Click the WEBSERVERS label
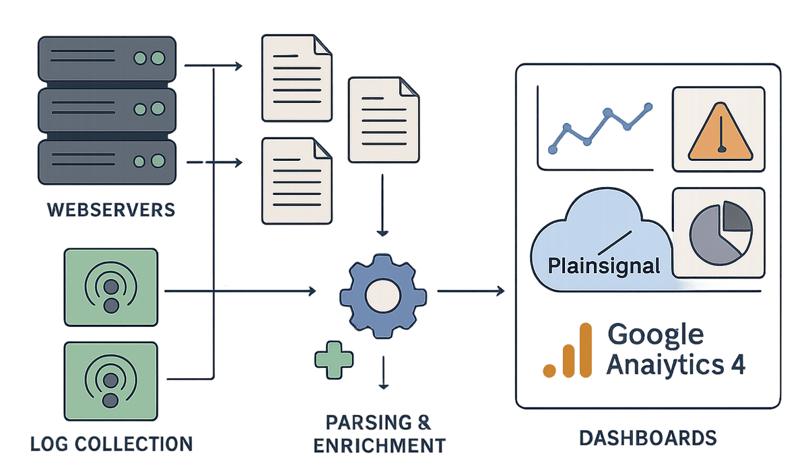[x=111, y=210]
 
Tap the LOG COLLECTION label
[x=112, y=443]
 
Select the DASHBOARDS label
[x=648, y=438]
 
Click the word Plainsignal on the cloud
[x=604, y=266]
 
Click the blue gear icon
[x=383, y=296]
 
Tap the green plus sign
[x=334, y=360]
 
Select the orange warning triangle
[x=720, y=132]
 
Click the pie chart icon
[x=720, y=233]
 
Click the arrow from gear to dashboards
[x=471, y=291]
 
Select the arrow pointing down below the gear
[x=383, y=373]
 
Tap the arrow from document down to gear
[x=382, y=205]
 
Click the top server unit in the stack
[x=107, y=59]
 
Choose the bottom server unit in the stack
[x=107, y=162]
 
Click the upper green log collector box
[x=111, y=287]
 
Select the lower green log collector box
[x=111, y=381]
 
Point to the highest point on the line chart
[x=648, y=107]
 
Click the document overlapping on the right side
[x=383, y=120]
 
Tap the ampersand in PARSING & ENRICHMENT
[x=424, y=422]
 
